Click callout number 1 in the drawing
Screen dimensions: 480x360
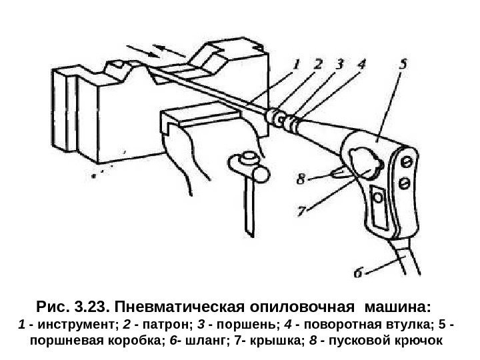click(x=298, y=65)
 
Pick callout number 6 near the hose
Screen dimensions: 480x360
click(x=359, y=273)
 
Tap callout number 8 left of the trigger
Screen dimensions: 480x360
click(x=302, y=179)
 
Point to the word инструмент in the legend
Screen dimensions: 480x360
click(x=71, y=327)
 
